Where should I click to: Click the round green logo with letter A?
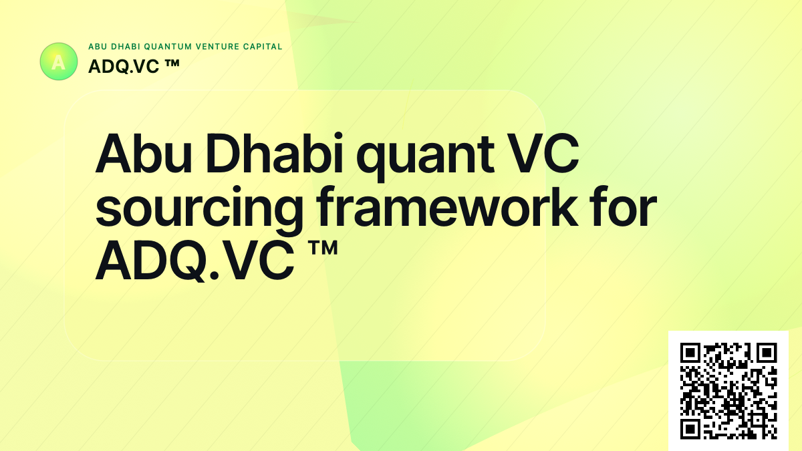(59, 61)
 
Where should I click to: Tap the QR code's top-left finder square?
(690, 353)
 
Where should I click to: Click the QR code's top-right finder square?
(767, 353)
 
